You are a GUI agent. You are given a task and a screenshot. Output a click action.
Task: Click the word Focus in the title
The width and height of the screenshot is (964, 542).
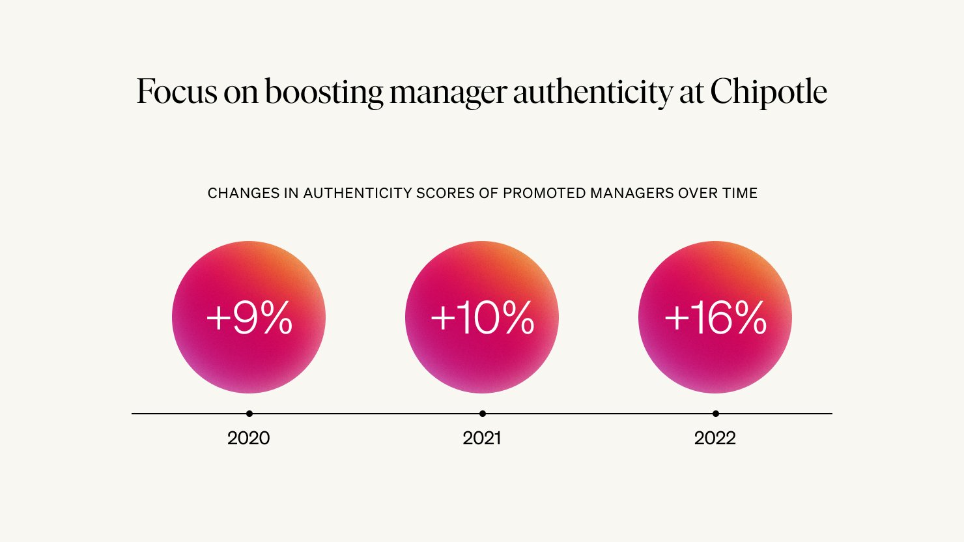point(176,91)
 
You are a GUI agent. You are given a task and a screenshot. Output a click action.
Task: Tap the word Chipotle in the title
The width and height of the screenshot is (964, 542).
point(769,91)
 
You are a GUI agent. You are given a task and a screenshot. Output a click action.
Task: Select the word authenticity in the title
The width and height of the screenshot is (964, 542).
point(591,93)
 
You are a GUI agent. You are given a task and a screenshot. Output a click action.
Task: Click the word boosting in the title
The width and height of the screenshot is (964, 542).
point(324,93)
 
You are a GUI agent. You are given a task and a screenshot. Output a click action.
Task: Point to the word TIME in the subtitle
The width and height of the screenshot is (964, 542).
point(740,193)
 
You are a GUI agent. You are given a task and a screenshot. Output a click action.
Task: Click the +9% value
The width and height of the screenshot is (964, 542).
point(249,318)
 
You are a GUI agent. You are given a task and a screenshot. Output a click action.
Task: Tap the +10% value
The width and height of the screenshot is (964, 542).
point(482,318)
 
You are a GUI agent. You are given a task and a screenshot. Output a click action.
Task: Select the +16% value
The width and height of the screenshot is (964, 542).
point(715,318)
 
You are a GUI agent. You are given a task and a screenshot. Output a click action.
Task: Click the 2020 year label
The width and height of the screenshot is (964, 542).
point(249,438)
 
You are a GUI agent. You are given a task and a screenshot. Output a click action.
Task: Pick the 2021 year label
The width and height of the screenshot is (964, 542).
point(482,438)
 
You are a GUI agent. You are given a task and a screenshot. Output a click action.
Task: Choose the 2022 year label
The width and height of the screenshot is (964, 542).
point(715,438)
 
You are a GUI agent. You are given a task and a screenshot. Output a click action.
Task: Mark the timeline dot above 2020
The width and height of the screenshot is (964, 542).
point(249,414)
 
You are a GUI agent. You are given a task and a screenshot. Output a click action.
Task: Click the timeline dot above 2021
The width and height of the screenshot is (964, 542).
point(483,414)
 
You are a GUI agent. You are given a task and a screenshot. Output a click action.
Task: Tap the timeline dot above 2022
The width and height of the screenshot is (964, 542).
point(716,414)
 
